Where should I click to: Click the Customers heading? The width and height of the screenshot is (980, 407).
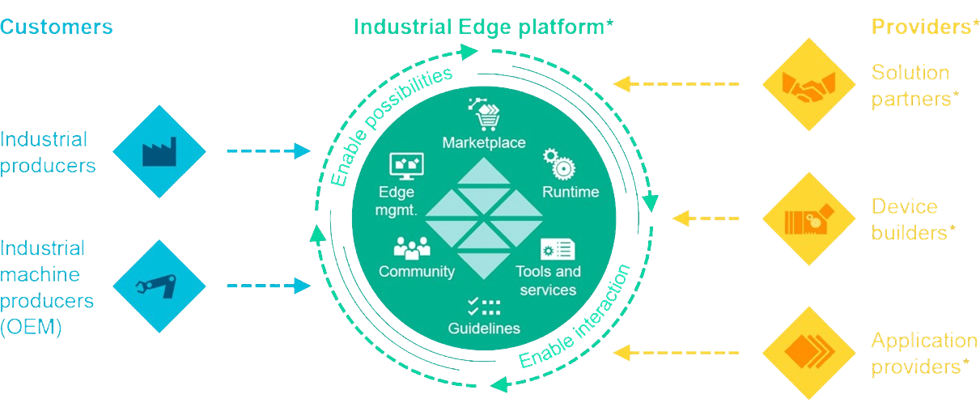(x=56, y=27)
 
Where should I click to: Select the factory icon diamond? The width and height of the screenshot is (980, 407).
(x=159, y=151)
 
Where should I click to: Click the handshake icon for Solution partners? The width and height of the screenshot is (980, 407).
(x=808, y=84)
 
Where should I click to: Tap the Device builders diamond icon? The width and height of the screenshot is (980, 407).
(x=808, y=218)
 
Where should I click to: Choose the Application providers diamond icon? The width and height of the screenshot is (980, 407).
(x=808, y=352)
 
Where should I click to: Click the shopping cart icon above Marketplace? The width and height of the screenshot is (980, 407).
(x=484, y=115)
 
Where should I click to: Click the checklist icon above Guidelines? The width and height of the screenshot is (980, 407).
(x=484, y=307)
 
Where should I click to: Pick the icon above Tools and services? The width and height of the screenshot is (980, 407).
(x=557, y=248)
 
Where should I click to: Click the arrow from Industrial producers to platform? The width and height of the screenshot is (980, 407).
(x=268, y=151)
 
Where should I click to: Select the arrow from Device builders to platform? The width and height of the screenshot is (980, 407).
(x=706, y=218)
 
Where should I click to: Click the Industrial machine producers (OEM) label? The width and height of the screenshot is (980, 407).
(x=48, y=287)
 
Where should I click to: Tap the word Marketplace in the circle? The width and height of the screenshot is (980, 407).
(x=484, y=143)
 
